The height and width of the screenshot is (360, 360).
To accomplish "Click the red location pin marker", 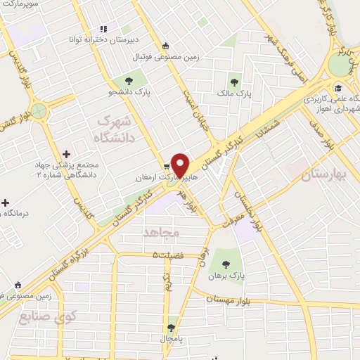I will pos(180,165).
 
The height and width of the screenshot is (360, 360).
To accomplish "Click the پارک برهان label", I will pos(226,276).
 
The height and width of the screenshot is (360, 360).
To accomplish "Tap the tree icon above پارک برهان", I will pos(226,264).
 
